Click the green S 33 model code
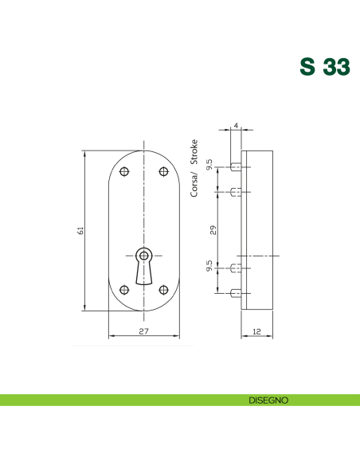pos(323,67)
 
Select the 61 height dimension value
pos(80,230)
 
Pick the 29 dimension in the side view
pos(213,229)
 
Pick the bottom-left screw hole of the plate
pos(123,289)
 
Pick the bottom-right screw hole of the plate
pos(164,289)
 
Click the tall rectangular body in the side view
pos(260,229)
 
